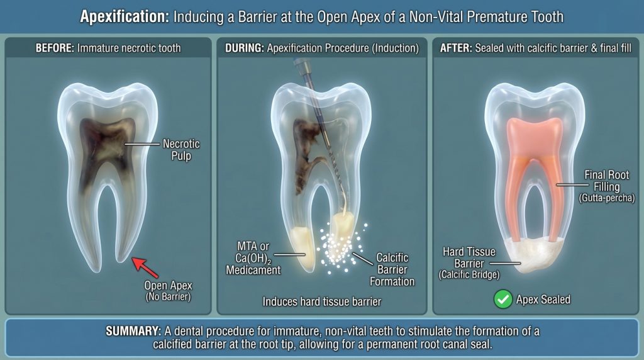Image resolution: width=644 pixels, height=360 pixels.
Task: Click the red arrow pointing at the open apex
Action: point(144,267)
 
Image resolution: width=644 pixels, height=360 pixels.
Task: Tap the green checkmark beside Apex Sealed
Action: point(503,299)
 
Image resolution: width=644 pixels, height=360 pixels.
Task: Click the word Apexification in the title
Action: point(124,16)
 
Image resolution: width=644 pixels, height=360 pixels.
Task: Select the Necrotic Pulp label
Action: point(181,150)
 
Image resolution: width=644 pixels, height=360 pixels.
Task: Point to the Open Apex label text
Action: point(168,291)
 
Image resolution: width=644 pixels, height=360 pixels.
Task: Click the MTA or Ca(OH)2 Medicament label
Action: point(253,258)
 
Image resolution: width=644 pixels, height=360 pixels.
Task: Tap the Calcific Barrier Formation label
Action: point(392,269)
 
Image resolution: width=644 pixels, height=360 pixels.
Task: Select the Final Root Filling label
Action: point(607,186)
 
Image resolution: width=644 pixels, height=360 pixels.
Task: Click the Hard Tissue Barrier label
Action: point(469,263)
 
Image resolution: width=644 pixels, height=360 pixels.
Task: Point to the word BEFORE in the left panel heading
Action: point(55,48)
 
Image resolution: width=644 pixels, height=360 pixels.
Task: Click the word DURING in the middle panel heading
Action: point(245,48)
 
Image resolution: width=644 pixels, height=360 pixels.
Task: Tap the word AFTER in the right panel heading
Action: point(455,48)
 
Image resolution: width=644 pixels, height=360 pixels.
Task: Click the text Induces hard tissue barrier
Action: point(322,301)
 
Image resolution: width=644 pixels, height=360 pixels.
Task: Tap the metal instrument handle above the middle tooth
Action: point(301,71)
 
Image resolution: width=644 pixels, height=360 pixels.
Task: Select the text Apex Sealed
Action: point(543,300)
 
